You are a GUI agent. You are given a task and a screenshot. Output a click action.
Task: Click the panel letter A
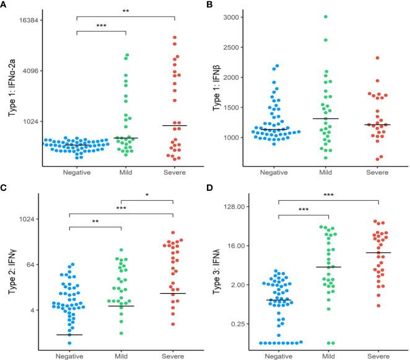4,6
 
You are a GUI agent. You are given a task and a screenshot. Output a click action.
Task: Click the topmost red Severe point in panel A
175,38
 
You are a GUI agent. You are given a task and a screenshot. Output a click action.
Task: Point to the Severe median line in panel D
378,253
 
